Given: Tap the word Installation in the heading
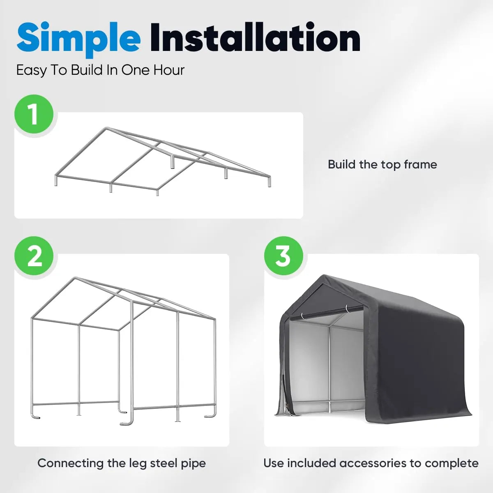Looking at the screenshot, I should click(255, 38).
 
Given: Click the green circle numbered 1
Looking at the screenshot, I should click(34, 114).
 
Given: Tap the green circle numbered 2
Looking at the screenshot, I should click(34, 256).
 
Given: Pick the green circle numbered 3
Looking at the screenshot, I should click(283, 256).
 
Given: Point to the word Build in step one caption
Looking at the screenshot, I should click(341, 164).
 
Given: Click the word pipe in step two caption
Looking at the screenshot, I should click(193, 463).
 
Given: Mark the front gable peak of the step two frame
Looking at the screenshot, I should click(75, 278).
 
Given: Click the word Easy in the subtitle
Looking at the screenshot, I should click(31, 70).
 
